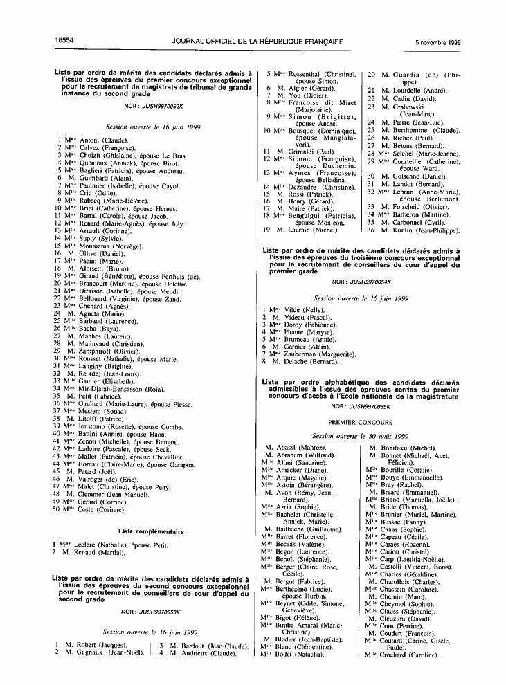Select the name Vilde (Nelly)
[311, 309]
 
